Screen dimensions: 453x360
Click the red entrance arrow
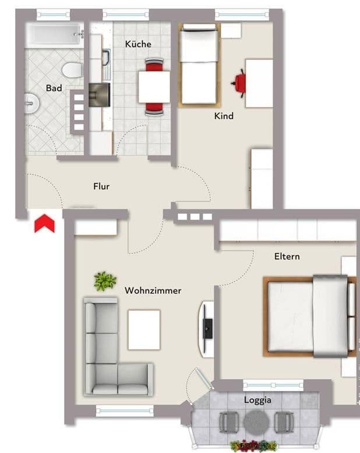click(x=44, y=224)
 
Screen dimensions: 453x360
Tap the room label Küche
click(x=138, y=44)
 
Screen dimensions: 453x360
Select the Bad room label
click(x=54, y=89)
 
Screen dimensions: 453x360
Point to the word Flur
click(x=101, y=187)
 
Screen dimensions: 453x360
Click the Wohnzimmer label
click(x=153, y=291)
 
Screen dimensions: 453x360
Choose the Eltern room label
click(x=287, y=256)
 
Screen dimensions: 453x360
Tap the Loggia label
click(x=257, y=401)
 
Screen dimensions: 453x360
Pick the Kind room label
click(x=224, y=116)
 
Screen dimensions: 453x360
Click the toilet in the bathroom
click(x=72, y=70)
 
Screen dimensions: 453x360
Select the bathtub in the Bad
click(x=55, y=34)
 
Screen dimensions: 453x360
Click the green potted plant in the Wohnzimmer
click(x=105, y=281)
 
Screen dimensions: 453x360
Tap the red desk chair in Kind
click(x=239, y=83)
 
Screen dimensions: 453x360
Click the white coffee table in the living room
click(x=144, y=330)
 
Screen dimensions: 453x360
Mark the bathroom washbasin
click(x=31, y=103)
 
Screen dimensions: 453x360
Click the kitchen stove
click(x=100, y=94)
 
